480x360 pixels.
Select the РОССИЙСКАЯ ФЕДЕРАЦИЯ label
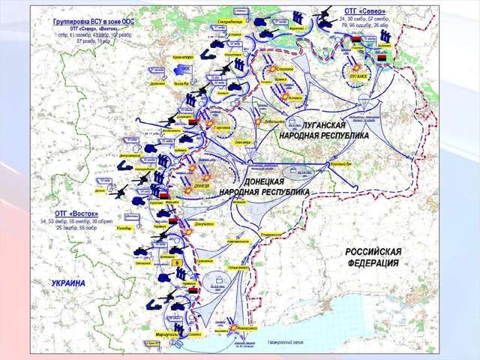373,257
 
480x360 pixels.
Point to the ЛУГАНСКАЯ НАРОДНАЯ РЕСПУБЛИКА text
324,130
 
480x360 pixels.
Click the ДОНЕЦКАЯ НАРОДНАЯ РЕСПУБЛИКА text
264,187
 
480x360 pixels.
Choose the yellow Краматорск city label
184,56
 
